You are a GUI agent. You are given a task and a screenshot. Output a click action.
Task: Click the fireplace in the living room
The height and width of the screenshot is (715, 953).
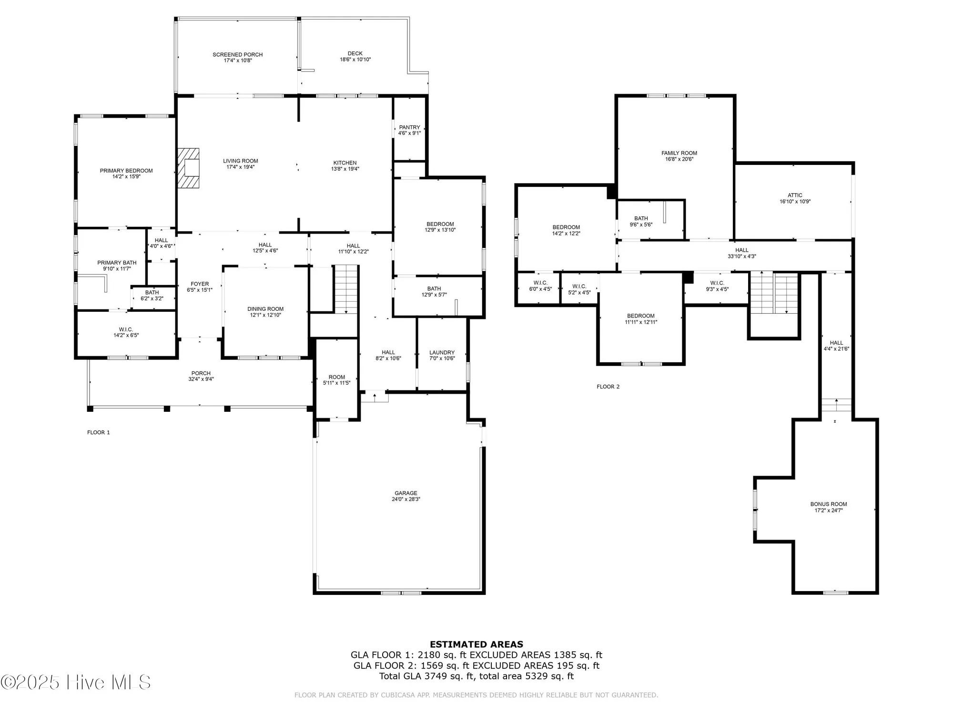(189, 169)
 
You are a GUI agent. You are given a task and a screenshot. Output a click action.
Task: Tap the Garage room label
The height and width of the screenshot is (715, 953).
(406, 493)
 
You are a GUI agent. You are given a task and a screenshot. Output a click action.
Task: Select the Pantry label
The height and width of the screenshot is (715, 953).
(409, 127)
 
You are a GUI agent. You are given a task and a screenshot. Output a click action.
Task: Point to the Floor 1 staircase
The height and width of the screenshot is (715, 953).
(346, 289)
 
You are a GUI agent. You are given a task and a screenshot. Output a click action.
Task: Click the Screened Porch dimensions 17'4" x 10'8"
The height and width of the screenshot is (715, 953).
(238, 61)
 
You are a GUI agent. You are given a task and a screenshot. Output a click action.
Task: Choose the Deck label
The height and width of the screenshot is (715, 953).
(355, 53)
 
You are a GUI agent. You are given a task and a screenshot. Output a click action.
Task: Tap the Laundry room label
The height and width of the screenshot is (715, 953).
(442, 353)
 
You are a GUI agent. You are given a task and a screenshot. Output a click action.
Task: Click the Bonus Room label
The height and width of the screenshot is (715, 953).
(829, 504)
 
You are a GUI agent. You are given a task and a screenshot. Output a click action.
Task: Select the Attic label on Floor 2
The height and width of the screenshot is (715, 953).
(795, 195)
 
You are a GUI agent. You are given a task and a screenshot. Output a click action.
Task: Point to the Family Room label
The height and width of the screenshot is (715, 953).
(679, 153)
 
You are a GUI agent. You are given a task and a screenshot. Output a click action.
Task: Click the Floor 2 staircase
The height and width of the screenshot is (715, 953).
(774, 292)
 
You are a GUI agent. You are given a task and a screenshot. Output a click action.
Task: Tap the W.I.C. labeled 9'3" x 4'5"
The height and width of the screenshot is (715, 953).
(717, 286)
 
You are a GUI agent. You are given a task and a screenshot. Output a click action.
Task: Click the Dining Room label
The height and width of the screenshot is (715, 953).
(265, 309)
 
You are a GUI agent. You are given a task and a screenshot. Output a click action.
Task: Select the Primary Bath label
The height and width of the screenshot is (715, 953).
(117, 263)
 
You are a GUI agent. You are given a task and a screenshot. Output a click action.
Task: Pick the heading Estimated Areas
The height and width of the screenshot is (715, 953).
(476, 644)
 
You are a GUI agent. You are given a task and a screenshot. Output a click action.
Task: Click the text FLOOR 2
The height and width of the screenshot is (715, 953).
(608, 387)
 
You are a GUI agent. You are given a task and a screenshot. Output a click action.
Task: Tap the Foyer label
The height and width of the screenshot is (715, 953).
(200, 284)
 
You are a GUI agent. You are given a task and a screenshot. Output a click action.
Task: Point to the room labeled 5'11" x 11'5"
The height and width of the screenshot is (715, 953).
(336, 380)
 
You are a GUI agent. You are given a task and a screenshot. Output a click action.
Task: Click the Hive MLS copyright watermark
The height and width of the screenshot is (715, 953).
(76, 682)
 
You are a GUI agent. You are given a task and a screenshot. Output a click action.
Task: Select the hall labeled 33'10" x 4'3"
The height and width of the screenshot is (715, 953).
(741, 253)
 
